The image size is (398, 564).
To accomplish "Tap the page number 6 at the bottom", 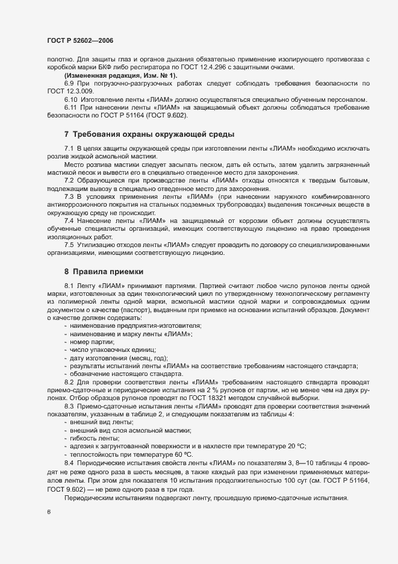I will (x=49, y=512).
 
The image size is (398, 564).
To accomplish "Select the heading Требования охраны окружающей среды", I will (x=154, y=133).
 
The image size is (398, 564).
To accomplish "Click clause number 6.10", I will (x=71, y=98).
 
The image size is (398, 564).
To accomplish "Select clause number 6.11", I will (x=71, y=107).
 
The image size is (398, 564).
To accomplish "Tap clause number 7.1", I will (x=69, y=148).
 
